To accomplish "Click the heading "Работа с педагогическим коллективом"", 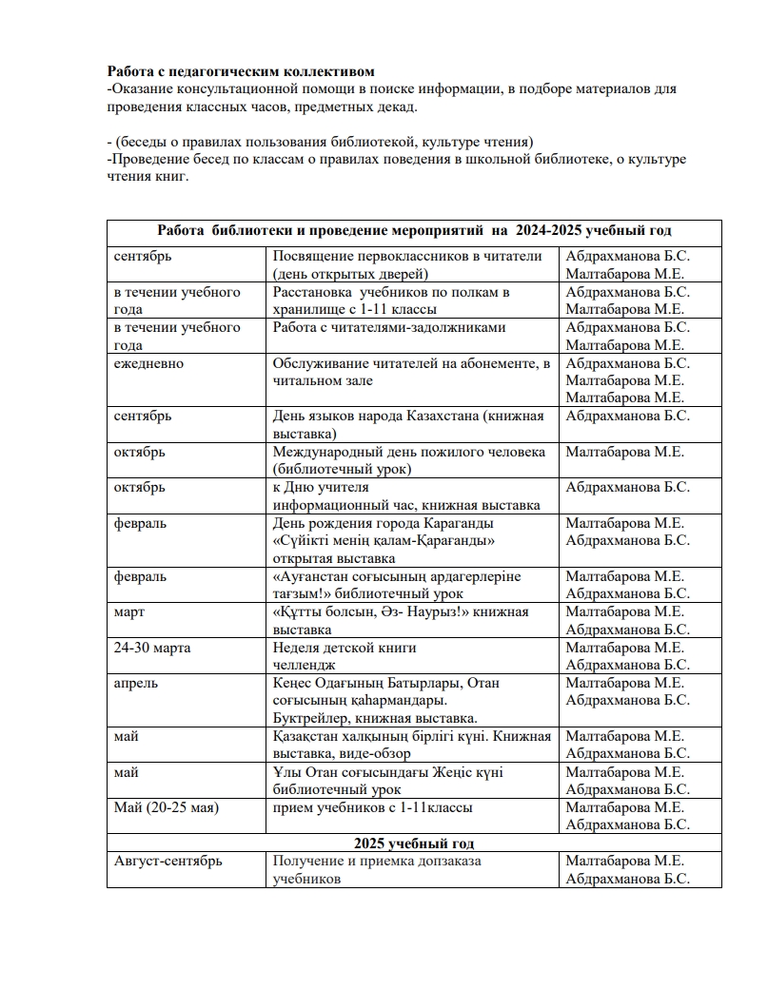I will [241, 71].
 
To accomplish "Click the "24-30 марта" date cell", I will [152, 648].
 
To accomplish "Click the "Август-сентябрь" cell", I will [168, 861].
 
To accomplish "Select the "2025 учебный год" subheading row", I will [414, 844].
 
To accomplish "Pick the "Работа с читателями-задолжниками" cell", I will [389, 328].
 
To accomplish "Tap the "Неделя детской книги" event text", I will [345, 648].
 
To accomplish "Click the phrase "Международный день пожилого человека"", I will [409, 452].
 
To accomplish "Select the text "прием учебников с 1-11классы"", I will [373, 807].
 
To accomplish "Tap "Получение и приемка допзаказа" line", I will [377, 861].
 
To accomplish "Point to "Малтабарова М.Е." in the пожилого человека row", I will [625, 452].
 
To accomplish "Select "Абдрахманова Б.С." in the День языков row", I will [628, 416].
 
